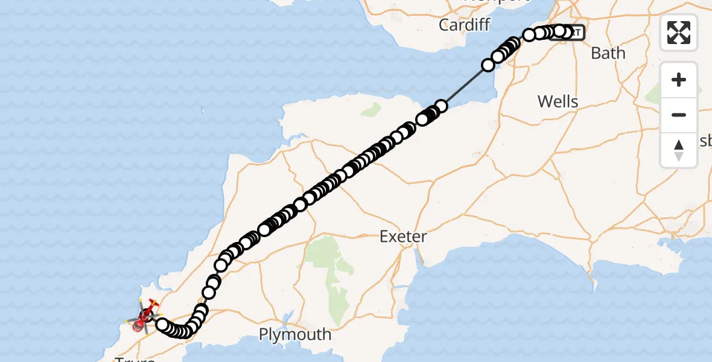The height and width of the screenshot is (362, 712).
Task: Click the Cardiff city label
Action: click(x=464, y=25)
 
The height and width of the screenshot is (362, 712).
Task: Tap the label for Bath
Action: click(x=608, y=53)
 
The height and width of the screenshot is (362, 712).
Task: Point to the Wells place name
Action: click(x=558, y=101)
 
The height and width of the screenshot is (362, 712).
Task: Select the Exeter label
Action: click(x=403, y=237)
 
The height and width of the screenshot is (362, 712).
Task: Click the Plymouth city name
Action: click(x=295, y=334)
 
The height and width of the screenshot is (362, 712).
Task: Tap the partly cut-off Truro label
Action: click(x=135, y=358)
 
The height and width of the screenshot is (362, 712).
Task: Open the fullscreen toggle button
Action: click(x=679, y=33)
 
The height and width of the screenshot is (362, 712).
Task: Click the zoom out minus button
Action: click(x=679, y=115)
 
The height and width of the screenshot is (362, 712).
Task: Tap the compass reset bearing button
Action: click(x=679, y=150)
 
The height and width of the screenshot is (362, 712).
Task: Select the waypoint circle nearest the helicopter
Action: click(x=162, y=325)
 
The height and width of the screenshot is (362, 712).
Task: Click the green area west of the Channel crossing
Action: click(x=372, y=110)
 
